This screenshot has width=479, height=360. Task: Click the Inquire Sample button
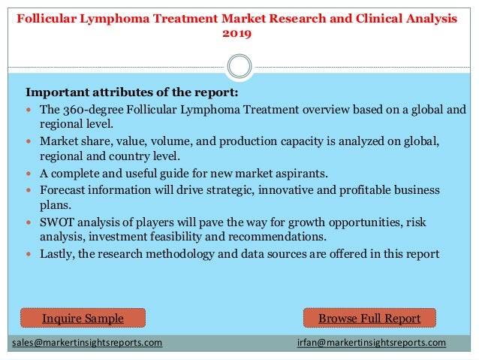(83, 319)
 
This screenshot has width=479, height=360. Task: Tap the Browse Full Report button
(369, 319)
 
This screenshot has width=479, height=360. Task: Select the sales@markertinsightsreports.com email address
(87, 343)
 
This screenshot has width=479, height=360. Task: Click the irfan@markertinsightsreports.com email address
(372, 343)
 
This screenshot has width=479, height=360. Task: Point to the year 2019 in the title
(237, 34)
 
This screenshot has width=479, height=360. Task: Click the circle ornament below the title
(239, 66)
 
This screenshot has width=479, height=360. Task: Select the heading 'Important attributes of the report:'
(132, 92)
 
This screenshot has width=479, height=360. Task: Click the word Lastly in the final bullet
(59, 254)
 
